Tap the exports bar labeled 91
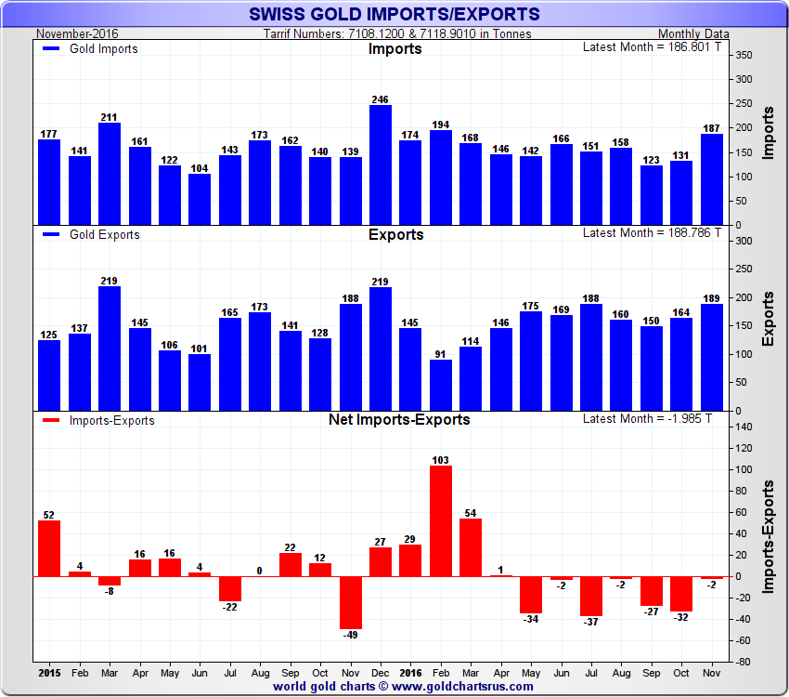[441, 385]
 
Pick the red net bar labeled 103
[441, 520]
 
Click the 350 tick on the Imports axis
[743, 56]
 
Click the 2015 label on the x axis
[49, 671]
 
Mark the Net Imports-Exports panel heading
[399, 419]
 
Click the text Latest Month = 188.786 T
[652, 233]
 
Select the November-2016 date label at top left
[73, 34]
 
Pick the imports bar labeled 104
[200, 199]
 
